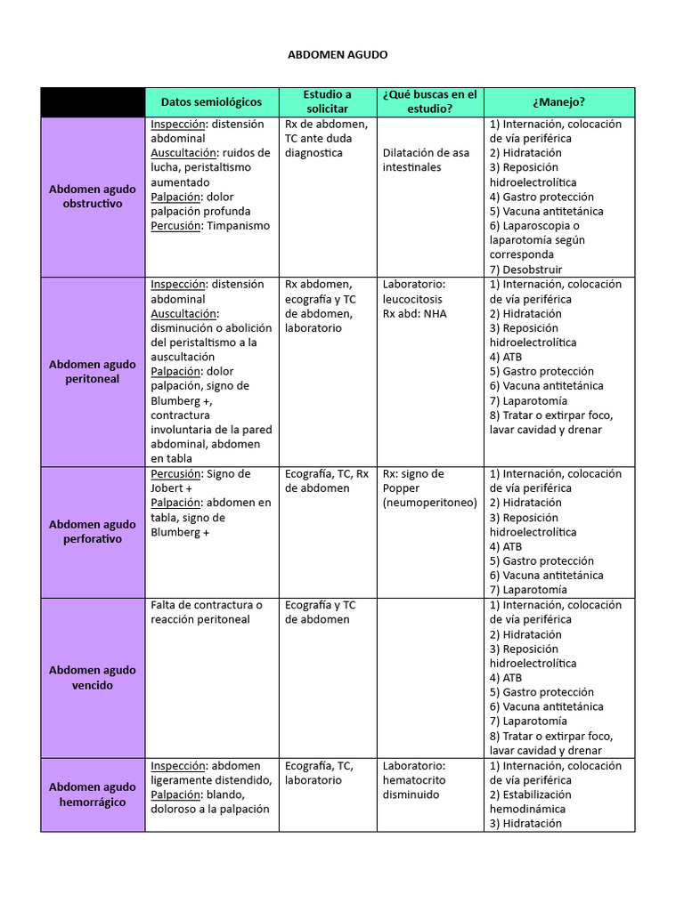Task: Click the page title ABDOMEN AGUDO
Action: click(338, 55)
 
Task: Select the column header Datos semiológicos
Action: click(211, 101)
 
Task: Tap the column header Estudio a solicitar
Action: click(327, 101)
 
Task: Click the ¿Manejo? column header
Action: click(558, 101)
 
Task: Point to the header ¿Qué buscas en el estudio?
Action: click(429, 101)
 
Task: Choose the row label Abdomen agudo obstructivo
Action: click(93, 196)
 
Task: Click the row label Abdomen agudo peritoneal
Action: click(93, 371)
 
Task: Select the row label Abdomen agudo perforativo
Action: click(93, 531)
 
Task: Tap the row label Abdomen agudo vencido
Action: click(93, 677)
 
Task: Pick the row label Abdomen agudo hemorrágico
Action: click(93, 794)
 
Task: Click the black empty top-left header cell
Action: click(93, 101)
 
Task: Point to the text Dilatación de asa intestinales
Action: click(426, 160)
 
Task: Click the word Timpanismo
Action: click(238, 226)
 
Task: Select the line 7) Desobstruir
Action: click(525, 270)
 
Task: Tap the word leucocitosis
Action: click(413, 299)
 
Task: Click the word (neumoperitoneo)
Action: click(430, 503)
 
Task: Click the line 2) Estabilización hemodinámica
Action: click(531, 802)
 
